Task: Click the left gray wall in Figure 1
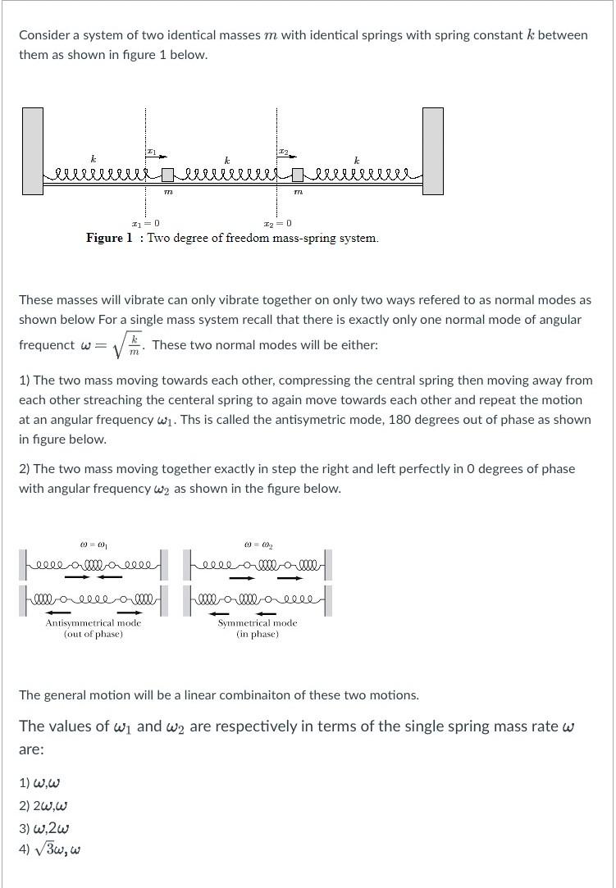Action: point(33,151)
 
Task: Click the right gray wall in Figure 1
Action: point(433,151)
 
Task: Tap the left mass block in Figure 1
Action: point(167,175)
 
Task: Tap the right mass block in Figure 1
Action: point(298,175)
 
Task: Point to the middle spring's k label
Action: point(227,159)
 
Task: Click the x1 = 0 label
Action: point(145,223)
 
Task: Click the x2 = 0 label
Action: point(277,223)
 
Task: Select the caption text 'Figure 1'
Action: point(109,239)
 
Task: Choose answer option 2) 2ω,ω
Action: point(43,805)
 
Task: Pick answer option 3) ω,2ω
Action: point(43,827)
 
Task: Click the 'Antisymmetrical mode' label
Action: point(93,623)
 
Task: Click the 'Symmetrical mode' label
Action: point(257,623)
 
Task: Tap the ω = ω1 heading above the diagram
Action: point(93,544)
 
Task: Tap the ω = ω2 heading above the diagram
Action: point(258,544)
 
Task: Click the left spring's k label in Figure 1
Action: point(93,159)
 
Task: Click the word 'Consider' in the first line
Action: point(45,35)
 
